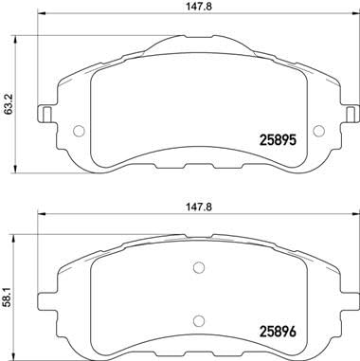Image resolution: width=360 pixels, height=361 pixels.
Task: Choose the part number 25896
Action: tap(284, 331)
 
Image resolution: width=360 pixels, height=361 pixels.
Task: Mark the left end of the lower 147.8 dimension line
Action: tap(37, 217)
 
